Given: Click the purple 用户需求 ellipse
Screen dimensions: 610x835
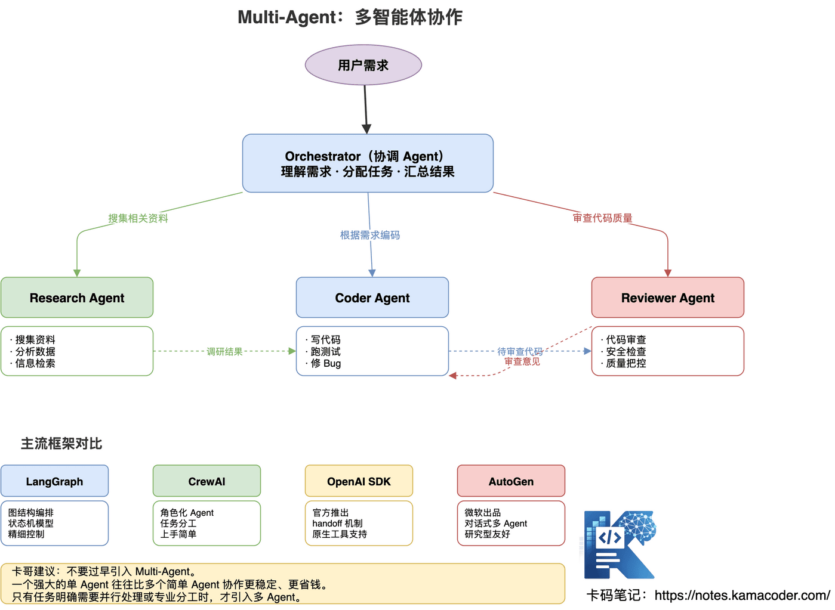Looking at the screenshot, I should click(x=363, y=65).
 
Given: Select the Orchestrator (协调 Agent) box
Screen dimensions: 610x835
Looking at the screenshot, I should click(x=368, y=163).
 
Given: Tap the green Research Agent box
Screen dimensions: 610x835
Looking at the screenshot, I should click(x=77, y=298).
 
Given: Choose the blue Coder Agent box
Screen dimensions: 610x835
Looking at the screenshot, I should click(x=372, y=298).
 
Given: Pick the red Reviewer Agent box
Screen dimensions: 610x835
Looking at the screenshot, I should click(x=667, y=298).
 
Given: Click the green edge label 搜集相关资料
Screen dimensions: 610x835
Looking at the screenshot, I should click(x=138, y=218).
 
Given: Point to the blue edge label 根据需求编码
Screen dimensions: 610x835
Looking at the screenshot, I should click(x=370, y=235).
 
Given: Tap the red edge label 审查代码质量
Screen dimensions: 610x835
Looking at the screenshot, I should click(x=602, y=218).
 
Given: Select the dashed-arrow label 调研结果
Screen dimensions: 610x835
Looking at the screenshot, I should click(x=224, y=352).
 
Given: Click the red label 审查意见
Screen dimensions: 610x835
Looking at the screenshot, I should click(x=522, y=362).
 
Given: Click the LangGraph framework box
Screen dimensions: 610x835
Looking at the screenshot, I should click(x=54, y=481).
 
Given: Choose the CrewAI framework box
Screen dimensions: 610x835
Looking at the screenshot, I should click(x=207, y=481).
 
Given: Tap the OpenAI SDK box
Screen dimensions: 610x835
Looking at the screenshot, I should click(x=359, y=481).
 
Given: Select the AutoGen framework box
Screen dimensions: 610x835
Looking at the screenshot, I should click(x=511, y=481).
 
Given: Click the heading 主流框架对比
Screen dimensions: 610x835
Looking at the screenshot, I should click(x=61, y=444).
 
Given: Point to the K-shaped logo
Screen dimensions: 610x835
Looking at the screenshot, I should click(x=620, y=544).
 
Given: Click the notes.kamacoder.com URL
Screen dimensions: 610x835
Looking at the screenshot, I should click(x=741, y=595).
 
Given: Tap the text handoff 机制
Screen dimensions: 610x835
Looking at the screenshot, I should click(x=337, y=524).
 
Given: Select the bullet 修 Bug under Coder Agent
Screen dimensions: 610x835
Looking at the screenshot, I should click(x=325, y=363).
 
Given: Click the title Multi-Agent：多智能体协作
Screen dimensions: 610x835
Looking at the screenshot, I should click(x=350, y=17).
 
